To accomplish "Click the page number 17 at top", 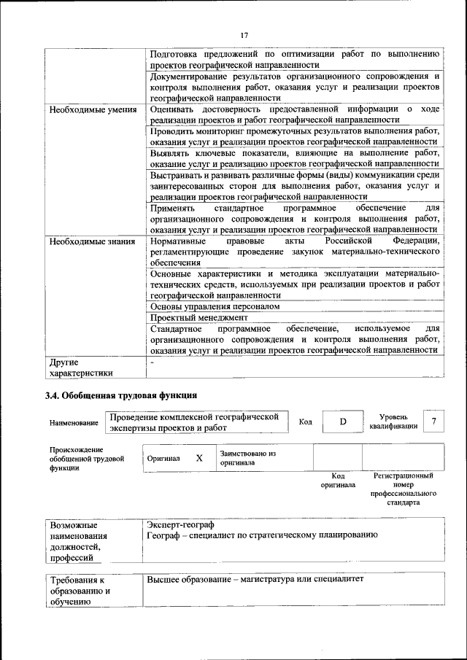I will pyautogui.click(x=244, y=34).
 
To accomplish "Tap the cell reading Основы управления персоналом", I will pyautogui.click(x=215, y=306).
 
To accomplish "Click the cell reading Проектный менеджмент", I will pyautogui.click(x=199, y=318).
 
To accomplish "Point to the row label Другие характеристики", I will pyautogui.click(x=80, y=368).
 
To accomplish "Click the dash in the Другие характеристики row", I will pyautogui.click(x=152, y=362).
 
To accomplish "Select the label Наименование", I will pyautogui.click(x=74, y=423).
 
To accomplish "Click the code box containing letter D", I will pyautogui.click(x=341, y=422).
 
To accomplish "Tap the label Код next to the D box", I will pyautogui.click(x=306, y=422).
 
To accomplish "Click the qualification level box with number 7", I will pyautogui.click(x=435, y=422).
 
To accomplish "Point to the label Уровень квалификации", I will pyautogui.click(x=393, y=422).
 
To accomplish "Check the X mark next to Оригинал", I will pyautogui.click(x=199, y=459).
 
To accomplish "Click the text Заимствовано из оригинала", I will pyautogui.click(x=247, y=457).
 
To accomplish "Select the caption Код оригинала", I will pyautogui.click(x=338, y=480).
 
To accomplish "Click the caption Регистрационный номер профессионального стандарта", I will pyautogui.click(x=403, y=489).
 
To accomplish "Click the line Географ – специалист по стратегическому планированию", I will pyautogui.click(x=262, y=535).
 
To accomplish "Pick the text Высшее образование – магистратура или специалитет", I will pyautogui.click(x=255, y=579).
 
